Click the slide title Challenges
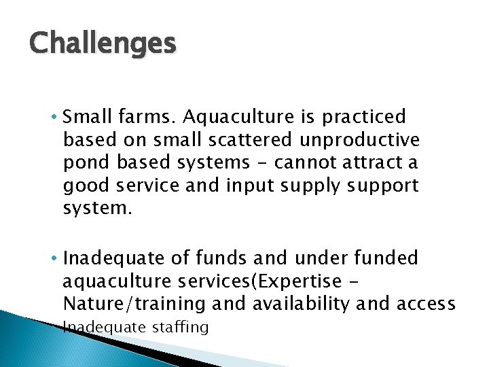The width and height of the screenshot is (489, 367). (x=103, y=43)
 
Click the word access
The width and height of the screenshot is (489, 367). (x=431, y=303)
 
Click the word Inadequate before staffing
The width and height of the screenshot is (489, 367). (x=103, y=328)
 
